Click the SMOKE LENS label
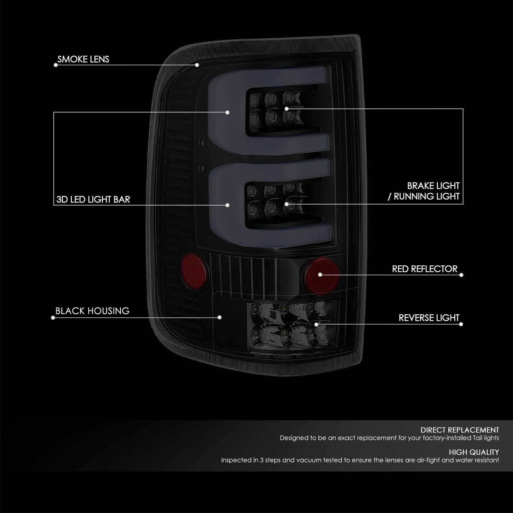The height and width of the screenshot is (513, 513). [83, 59]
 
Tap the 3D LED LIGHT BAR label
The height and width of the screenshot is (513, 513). [93, 199]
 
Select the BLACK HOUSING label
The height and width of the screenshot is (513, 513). [92, 311]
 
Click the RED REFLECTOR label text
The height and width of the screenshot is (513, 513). [425, 269]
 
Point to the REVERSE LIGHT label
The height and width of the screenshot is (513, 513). [429, 318]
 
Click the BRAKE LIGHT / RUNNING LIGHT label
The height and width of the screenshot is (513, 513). [423, 191]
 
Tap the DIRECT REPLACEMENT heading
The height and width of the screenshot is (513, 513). [460, 430]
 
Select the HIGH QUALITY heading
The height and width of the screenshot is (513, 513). [474, 452]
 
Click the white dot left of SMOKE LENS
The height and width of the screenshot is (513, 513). [55, 65]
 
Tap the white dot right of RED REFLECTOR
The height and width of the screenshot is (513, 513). [461, 275]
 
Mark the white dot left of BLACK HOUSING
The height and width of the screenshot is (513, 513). [53, 318]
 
